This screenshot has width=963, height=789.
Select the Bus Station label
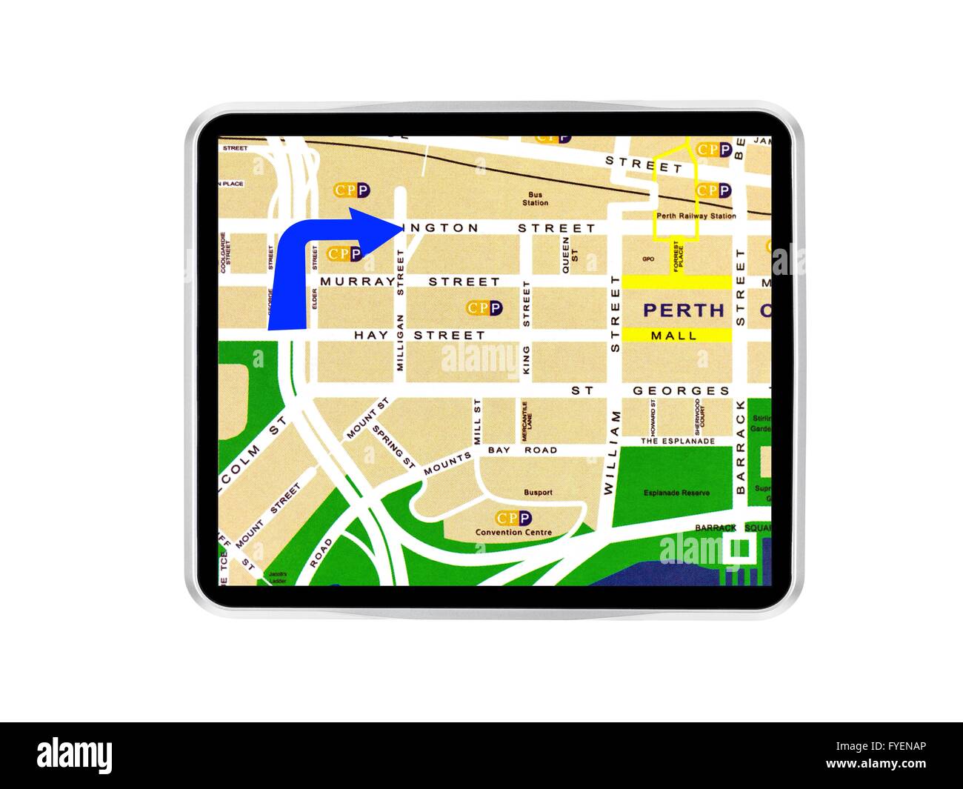click(x=535, y=199)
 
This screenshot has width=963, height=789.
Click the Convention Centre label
click(x=513, y=532)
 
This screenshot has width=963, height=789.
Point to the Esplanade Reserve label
click(x=676, y=493)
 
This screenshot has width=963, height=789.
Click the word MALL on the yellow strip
click(x=673, y=336)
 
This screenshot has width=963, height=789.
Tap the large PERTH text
click(x=684, y=310)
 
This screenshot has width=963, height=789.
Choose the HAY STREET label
click(x=419, y=335)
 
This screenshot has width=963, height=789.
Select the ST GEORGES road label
click(x=650, y=390)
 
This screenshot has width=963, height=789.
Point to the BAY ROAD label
click(x=522, y=450)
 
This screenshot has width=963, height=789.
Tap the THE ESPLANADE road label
click(x=678, y=441)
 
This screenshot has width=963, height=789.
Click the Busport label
click(x=537, y=492)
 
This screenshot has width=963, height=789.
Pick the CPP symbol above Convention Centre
click(x=513, y=518)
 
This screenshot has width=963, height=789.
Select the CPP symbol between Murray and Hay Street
click(x=484, y=307)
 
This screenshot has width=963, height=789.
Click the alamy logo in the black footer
click(x=75, y=756)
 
